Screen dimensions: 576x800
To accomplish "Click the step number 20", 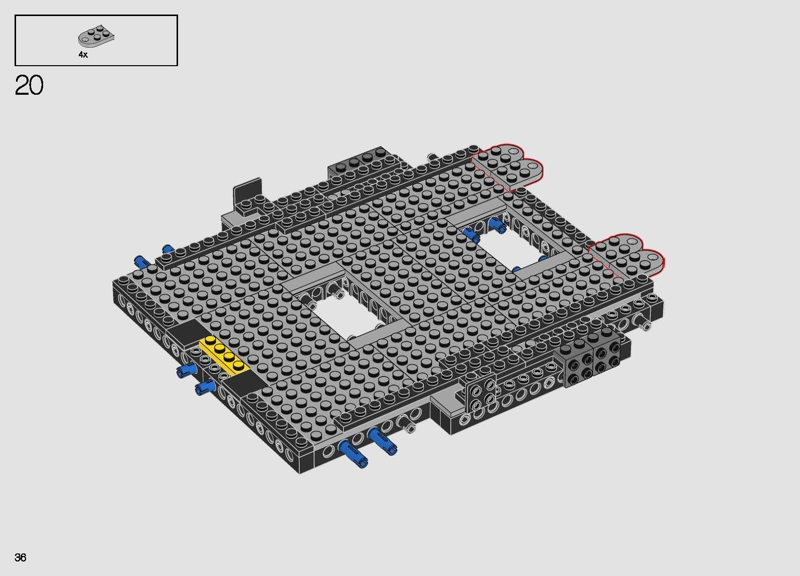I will (29, 86).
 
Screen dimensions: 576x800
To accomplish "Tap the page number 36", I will (21, 557).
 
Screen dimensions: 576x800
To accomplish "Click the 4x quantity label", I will (83, 55).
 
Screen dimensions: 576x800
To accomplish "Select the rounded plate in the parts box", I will (97, 37).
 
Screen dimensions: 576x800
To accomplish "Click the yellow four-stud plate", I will (224, 355).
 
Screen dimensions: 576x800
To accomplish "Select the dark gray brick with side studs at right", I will (592, 358).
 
